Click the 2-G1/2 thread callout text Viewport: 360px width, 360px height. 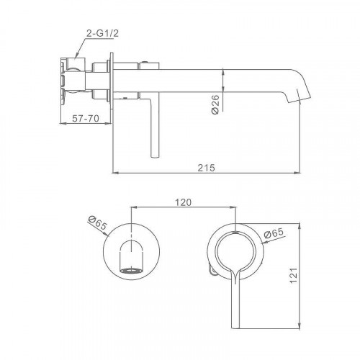click(102, 34)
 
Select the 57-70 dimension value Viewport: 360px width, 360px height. click(86, 119)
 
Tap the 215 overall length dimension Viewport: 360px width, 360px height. click(207, 168)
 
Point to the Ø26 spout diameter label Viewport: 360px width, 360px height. click(215, 104)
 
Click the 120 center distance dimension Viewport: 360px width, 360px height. click(183, 202)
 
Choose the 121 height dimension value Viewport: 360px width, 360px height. click(294, 275)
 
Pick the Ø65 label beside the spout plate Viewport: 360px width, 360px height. click(97, 222)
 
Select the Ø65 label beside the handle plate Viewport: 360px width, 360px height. click(274, 233)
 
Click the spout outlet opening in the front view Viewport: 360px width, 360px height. click(131, 271)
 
